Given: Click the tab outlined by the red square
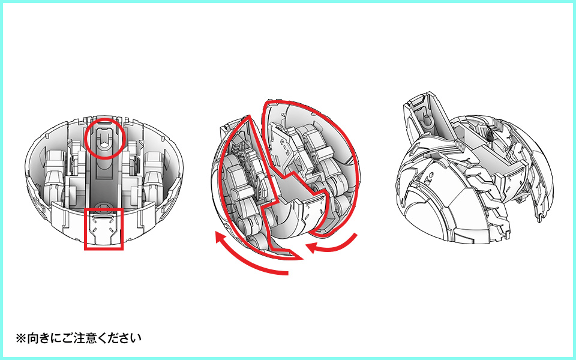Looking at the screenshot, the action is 104,229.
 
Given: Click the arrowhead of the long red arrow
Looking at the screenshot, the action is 221,238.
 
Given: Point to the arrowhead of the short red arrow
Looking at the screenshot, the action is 311,248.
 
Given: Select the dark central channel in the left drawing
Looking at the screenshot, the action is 104,173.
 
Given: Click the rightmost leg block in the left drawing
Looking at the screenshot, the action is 154,173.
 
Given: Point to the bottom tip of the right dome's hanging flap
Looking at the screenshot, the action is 539,221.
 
